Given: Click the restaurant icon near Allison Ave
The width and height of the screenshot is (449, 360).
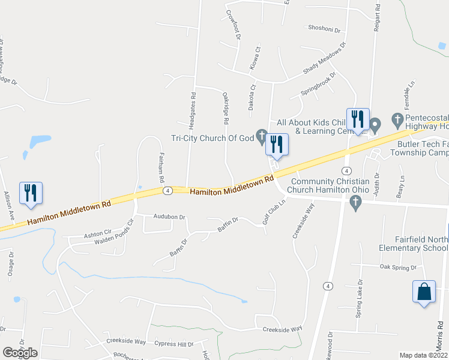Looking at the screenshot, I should click(31, 193).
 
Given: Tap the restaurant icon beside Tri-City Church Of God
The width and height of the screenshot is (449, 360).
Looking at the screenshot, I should click(277, 144).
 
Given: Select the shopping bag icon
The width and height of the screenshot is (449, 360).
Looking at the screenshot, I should click(424, 292).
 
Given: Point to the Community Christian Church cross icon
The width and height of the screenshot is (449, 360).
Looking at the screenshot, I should click(355, 203).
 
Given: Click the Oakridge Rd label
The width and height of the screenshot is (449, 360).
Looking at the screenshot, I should click(226, 108).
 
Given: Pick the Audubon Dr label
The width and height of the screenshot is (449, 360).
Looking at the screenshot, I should click(169, 217).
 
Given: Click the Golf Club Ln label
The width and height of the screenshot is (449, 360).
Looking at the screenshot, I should click(273, 212).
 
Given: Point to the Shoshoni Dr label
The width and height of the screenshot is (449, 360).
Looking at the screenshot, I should click(324, 28).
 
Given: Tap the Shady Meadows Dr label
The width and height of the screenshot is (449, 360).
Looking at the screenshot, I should click(325, 58).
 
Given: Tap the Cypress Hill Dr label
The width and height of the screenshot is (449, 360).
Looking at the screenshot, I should click(173, 344).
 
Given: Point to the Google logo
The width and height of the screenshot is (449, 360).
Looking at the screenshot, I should click(20, 353).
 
